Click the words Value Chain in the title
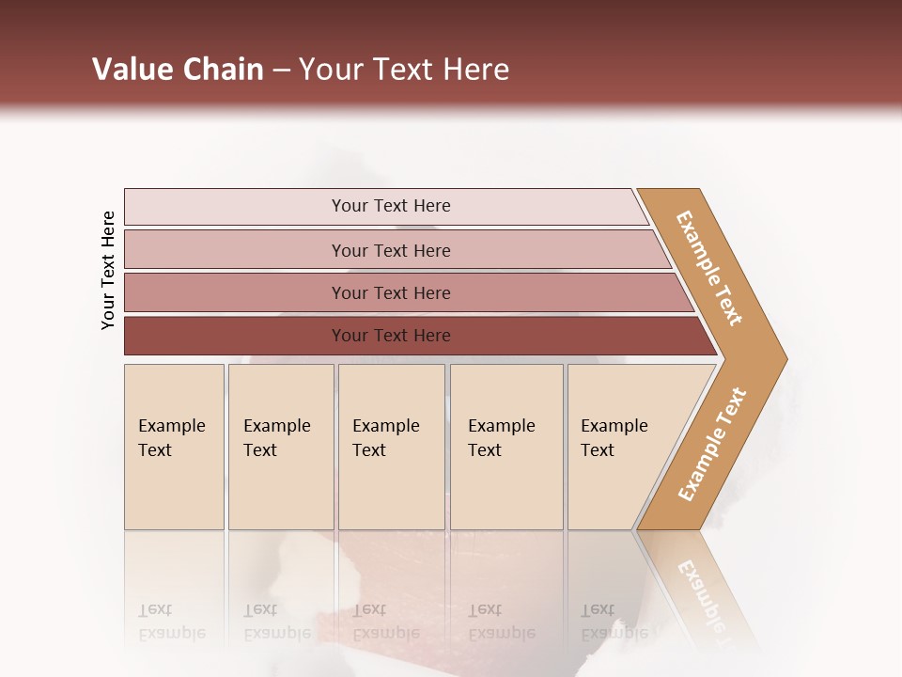178,70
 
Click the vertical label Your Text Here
108,270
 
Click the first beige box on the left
174,489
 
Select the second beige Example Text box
281,489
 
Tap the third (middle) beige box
391,489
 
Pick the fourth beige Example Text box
506,489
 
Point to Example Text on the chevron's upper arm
709,268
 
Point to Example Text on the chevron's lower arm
712,444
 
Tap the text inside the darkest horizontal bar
391,336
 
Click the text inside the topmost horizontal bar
391,206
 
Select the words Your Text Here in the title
404,70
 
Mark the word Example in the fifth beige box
614,426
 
